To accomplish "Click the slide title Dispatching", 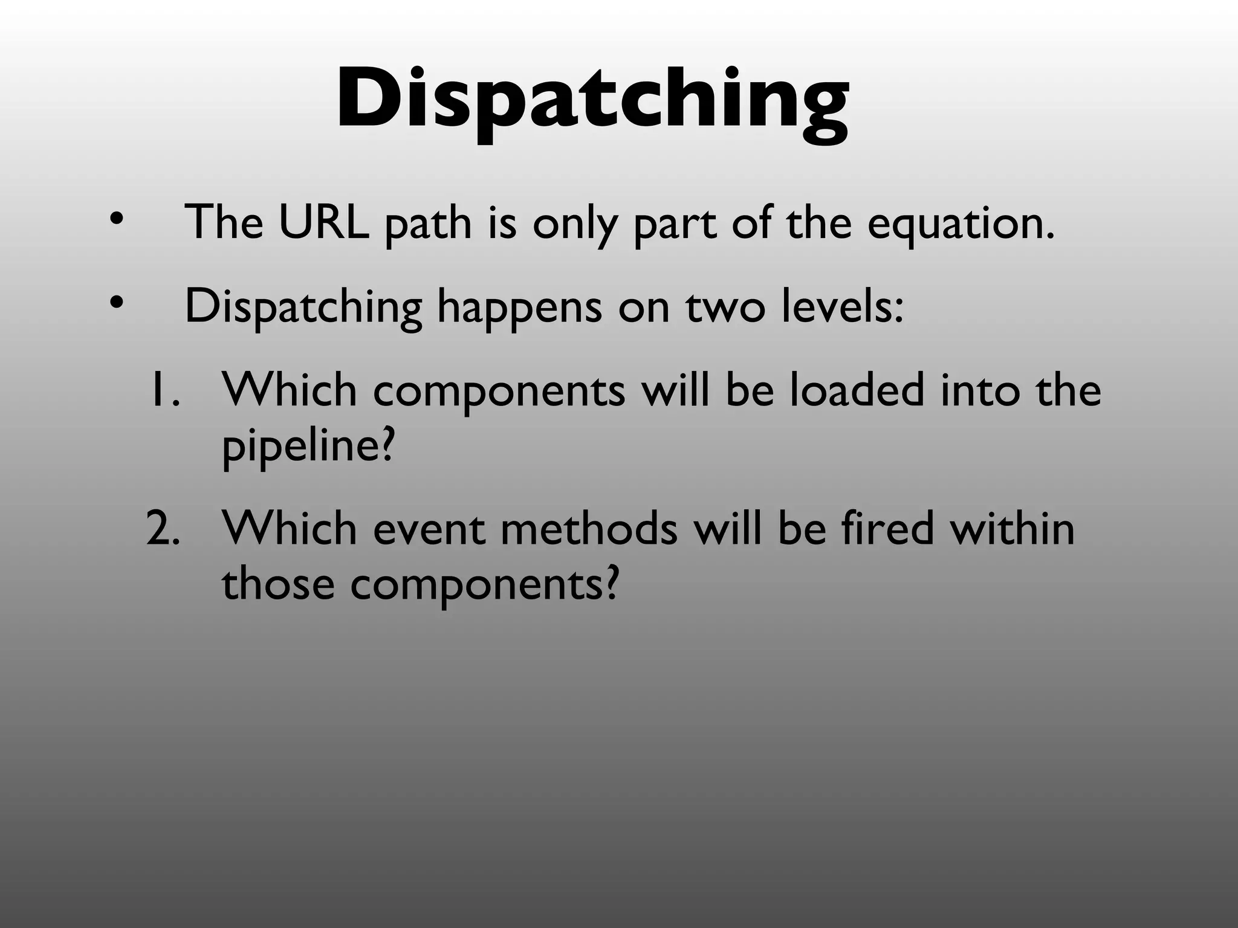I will click(x=592, y=100).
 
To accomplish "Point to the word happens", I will click(x=519, y=308).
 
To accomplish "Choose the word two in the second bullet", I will click(x=725, y=307).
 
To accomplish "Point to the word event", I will click(x=429, y=529).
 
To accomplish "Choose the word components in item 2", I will click(x=484, y=586).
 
